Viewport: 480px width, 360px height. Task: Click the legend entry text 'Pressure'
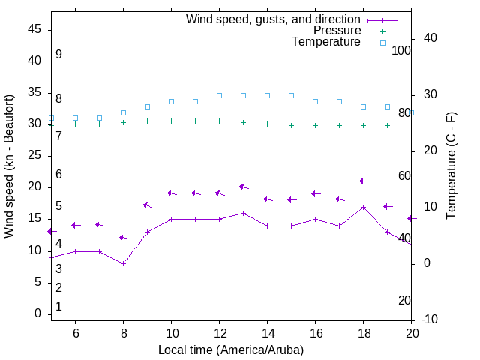(x=338, y=31)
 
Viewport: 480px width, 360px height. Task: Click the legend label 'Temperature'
(x=326, y=43)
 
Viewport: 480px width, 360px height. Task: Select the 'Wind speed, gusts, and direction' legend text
(x=273, y=19)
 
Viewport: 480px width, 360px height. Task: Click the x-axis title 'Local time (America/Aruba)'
(x=231, y=349)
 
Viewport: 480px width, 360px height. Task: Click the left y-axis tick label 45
(x=34, y=29)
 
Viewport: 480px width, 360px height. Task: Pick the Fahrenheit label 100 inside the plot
(x=401, y=50)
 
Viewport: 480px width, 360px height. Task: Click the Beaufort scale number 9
(x=58, y=55)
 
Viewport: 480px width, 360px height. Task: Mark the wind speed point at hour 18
(x=363, y=207)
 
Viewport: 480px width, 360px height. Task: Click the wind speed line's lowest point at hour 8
(x=123, y=263)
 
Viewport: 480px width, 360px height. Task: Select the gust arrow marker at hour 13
(x=243, y=187)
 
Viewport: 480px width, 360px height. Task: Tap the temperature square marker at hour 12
(x=219, y=95)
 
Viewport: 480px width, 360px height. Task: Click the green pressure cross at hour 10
(x=171, y=121)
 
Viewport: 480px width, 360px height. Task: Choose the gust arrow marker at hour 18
(x=363, y=181)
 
